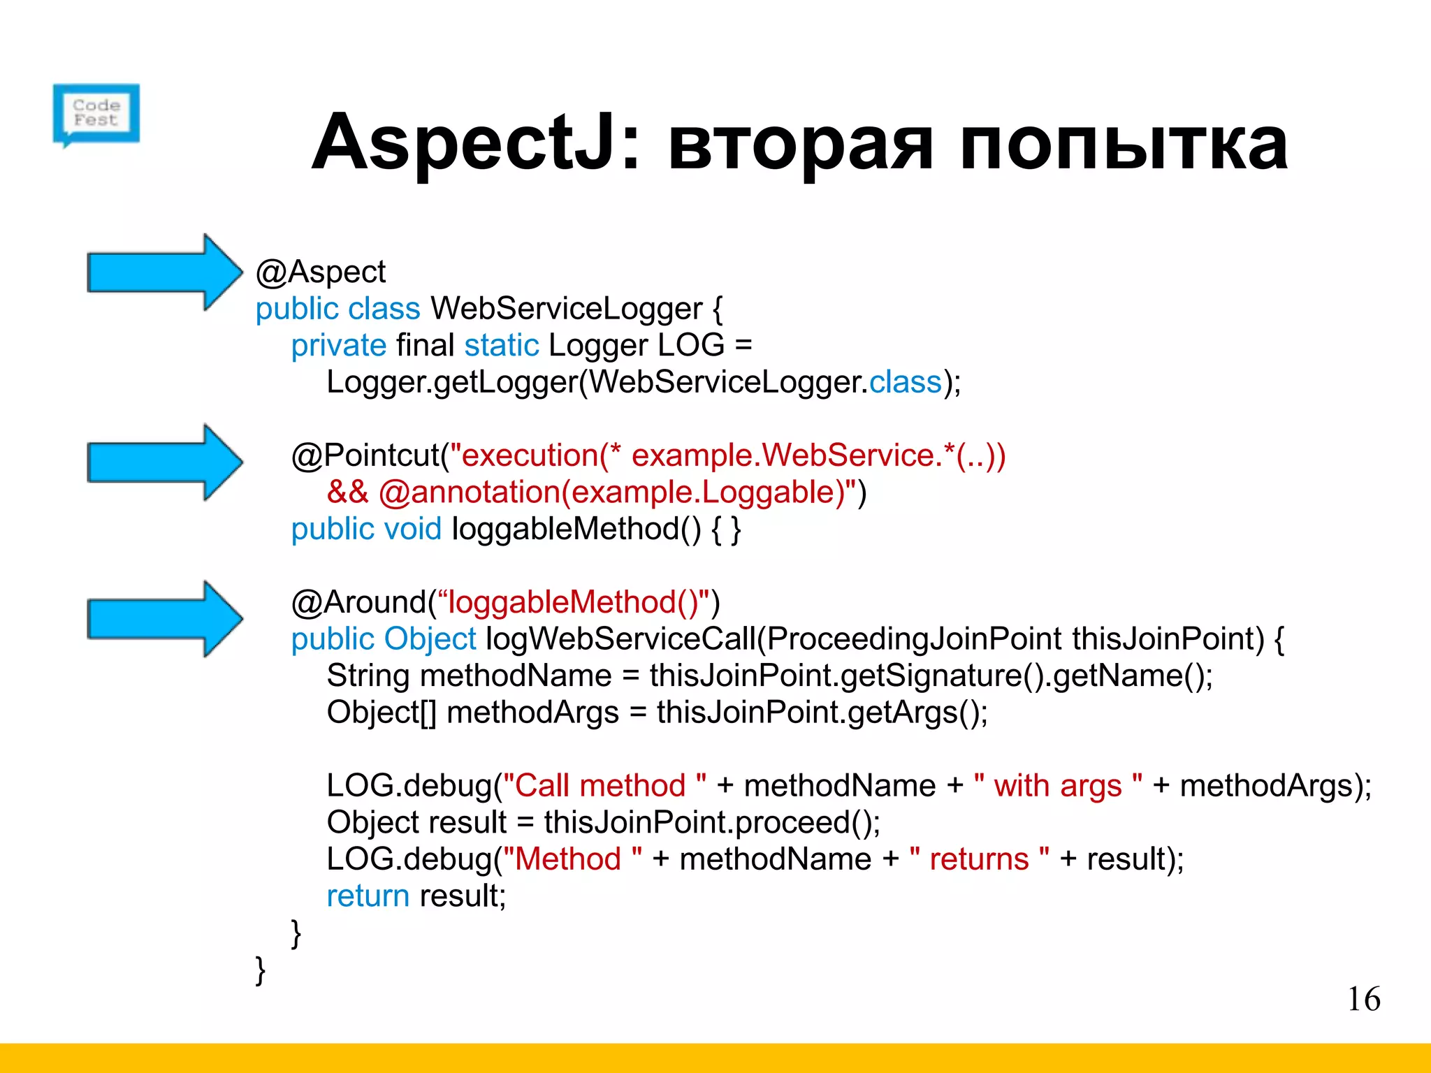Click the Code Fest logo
[96, 114]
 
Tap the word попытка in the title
[1124, 144]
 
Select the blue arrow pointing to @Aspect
[164, 272]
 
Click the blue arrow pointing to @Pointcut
[164, 462]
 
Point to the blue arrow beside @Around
[164, 619]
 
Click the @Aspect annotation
[320, 272]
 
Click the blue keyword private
[338, 346]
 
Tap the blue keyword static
[502, 346]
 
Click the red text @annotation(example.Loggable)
[612, 492]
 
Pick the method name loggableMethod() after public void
[576, 529]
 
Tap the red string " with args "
[1058, 786]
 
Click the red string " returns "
[979, 859]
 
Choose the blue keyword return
[368, 896]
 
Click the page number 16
[1363, 999]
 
